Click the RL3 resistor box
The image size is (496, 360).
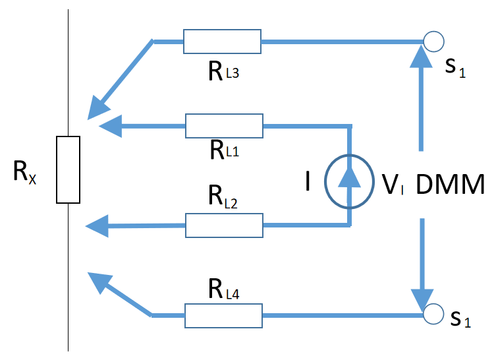222,42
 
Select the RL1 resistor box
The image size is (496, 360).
224,125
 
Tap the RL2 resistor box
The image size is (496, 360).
224,225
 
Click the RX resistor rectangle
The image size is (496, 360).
68,169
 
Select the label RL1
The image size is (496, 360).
223,150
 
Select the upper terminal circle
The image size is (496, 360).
433,42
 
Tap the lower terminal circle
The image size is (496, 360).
433,315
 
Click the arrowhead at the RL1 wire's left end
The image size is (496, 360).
111,125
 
